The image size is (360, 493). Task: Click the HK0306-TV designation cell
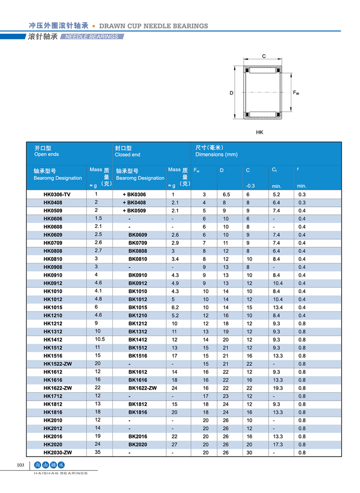[x=57, y=195]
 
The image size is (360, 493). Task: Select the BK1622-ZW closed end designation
[x=143, y=388]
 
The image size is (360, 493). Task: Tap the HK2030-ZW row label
[x=57, y=453]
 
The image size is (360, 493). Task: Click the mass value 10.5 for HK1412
[x=100, y=340]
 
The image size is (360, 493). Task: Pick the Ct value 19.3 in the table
[x=277, y=388]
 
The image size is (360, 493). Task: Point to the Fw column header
[x=197, y=170]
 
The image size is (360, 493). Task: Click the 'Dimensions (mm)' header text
[x=217, y=154]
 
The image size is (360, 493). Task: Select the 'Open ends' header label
[x=47, y=154]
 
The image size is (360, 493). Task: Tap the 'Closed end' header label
[x=127, y=155]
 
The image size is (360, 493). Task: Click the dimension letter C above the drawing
[x=264, y=56]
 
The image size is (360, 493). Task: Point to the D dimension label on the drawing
[x=232, y=93]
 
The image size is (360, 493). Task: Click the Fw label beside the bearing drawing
[x=296, y=92]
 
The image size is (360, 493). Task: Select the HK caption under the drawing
[x=260, y=133]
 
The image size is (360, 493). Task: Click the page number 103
[x=21, y=465]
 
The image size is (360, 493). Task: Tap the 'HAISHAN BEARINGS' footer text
[x=61, y=474]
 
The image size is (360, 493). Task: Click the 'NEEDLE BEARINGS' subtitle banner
[x=92, y=37]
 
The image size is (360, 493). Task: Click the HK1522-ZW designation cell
[x=58, y=364]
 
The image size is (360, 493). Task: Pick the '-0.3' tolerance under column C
[x=250, y=186]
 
